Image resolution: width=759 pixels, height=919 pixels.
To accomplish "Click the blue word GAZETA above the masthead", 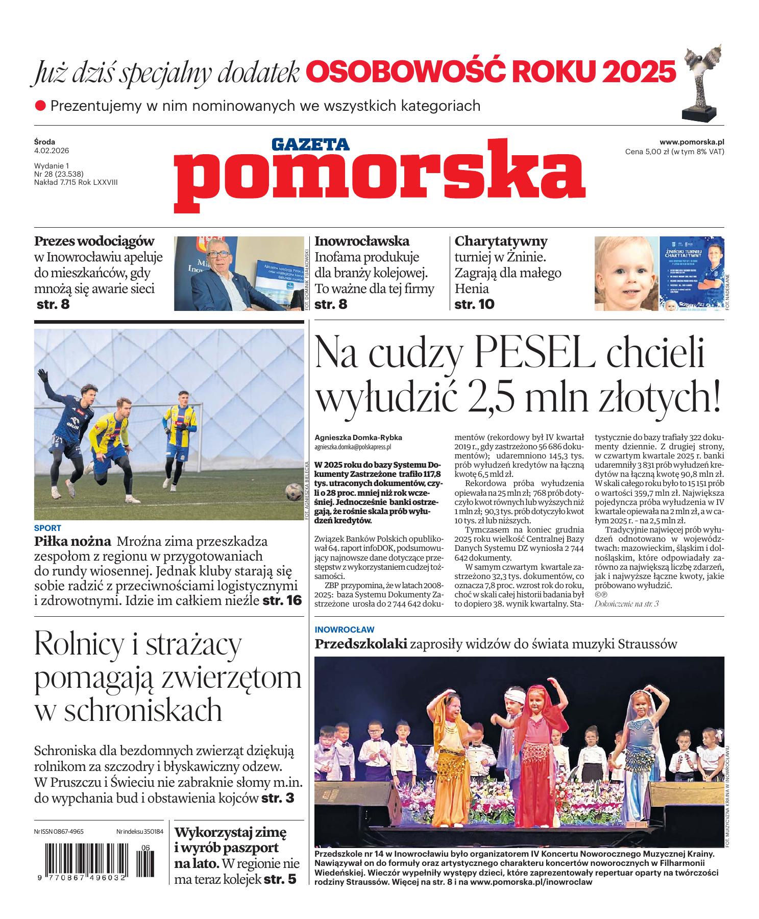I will click(x=310, y=144).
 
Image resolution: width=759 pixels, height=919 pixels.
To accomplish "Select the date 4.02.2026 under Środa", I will click(x=52, y=151).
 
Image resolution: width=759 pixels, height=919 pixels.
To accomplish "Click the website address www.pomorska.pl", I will click(x=692, y=142).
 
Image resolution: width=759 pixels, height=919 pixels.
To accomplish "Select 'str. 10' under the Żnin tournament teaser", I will click(x=474, y=304).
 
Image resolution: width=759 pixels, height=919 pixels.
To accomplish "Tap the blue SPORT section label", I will click(x=47, y=528).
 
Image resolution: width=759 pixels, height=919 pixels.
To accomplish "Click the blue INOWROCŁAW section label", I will click(x=345, y=630).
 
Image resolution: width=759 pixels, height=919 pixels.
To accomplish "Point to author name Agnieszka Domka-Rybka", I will click(x=358, y=438).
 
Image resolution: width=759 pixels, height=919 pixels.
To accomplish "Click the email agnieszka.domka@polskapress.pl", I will click(x=353, y=447).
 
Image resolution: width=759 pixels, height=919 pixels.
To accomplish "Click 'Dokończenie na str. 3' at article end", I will click(x=627, y=604).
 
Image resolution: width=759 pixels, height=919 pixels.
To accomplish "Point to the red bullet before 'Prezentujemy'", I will click(x=40, y=106).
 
